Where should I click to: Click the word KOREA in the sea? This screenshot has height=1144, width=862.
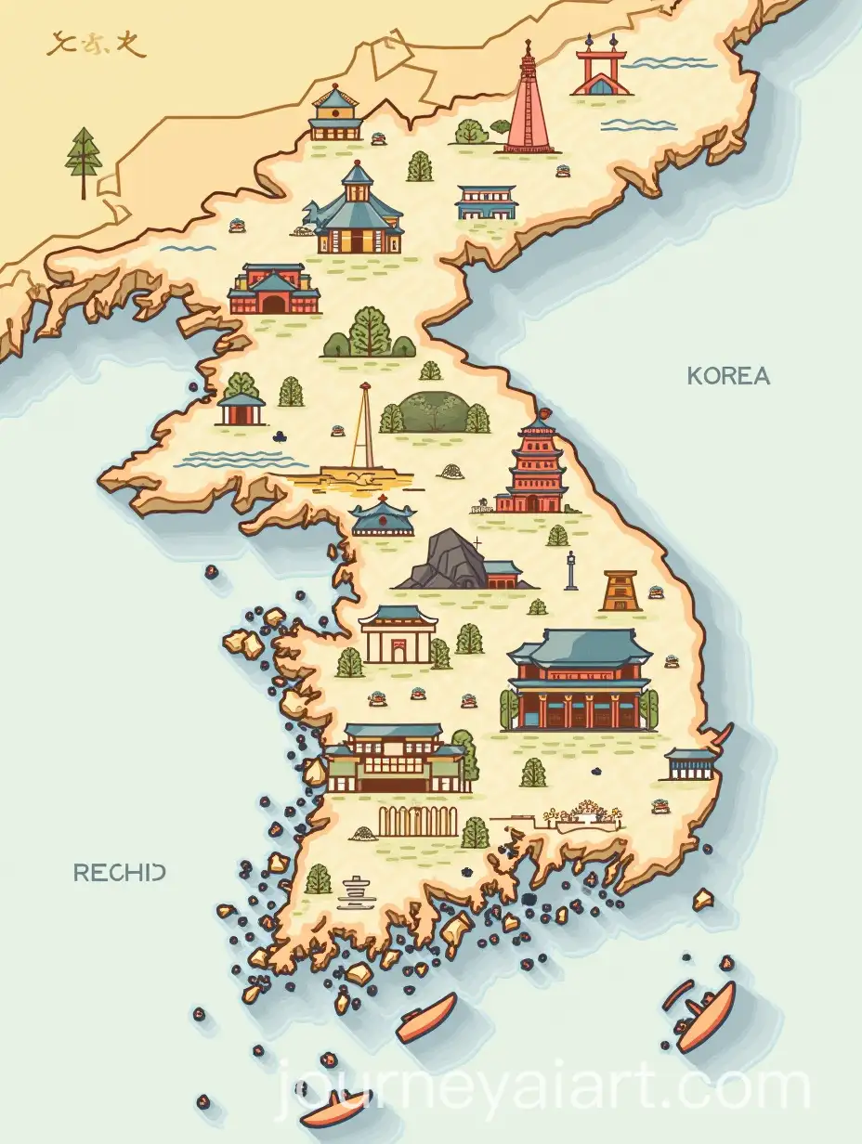tap(728, 376)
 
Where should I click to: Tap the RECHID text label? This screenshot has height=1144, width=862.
tap(120, 872)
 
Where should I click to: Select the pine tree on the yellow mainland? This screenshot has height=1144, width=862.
tap(85, 161)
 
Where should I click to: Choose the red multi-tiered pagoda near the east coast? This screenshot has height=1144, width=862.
tap(532, 467)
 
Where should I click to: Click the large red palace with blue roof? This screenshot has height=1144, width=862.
tap(578, 680)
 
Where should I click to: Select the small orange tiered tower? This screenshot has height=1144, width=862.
tap(620, 590)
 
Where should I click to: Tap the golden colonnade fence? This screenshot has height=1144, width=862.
tap(418, 822)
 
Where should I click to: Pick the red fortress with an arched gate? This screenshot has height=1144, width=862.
tap(274, 289)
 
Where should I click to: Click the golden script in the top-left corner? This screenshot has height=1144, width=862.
tap(84, 44)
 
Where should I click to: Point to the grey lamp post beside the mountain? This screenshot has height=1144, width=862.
tap(571, 569)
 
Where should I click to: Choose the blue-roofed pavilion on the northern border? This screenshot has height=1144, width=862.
tap(335, 113)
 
